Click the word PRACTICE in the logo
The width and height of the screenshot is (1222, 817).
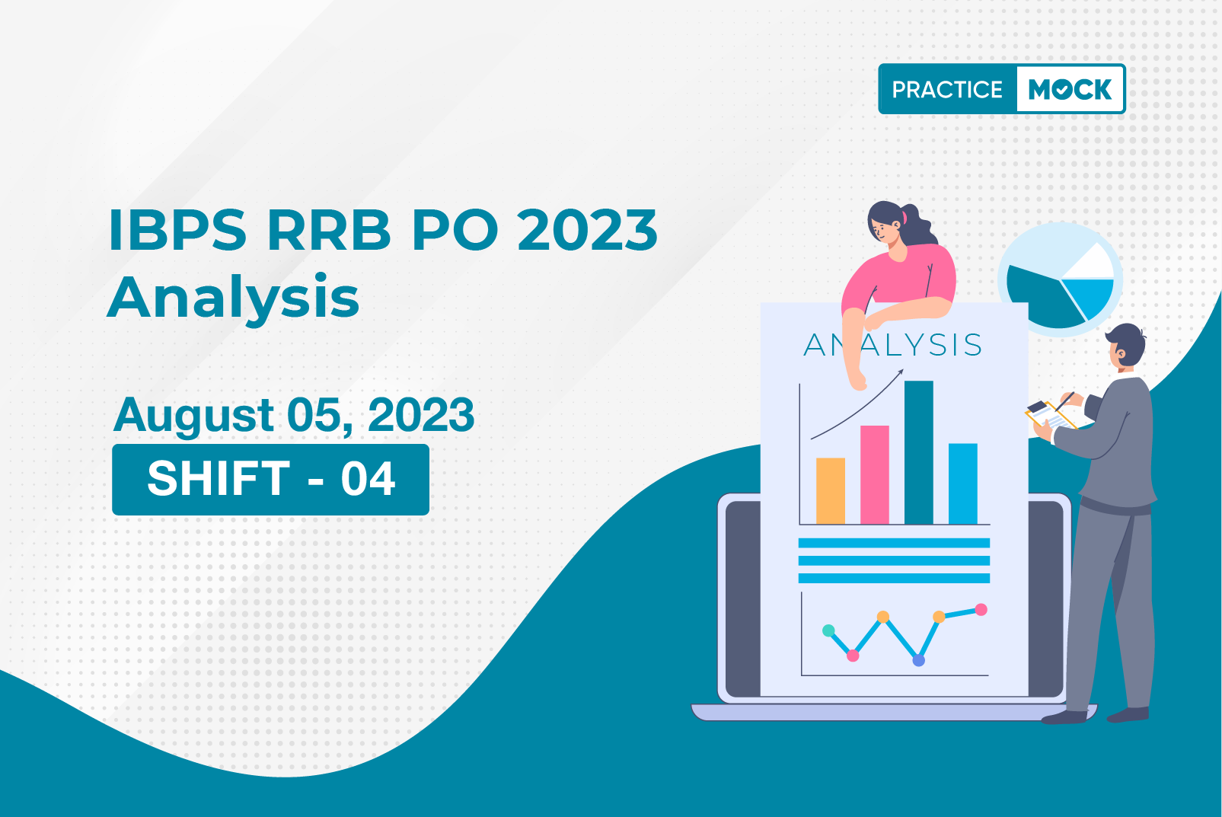pos(947,89)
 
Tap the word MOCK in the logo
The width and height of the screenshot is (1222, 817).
pos(1070,89)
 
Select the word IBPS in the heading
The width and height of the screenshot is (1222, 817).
pos(178,230)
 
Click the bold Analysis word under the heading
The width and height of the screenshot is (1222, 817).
pos(234,298)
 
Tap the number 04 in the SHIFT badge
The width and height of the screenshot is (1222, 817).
pos(368,479)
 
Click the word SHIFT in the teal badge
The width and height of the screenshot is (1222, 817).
pos(219,479)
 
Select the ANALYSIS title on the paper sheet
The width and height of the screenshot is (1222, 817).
pos(892,345)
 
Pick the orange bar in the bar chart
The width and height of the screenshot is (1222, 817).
pos(831,491)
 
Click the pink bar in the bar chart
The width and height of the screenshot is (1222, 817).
pos(875,474)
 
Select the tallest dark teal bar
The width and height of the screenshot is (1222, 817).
pos(919,452)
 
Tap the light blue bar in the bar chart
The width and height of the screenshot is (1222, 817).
pos(963,483)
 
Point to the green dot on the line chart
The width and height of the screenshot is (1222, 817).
pos(828,631)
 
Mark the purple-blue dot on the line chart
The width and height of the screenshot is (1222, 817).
pos(919,660)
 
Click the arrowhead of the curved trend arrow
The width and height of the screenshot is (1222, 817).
pos(900,372)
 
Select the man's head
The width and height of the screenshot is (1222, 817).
pos(1126,347)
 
